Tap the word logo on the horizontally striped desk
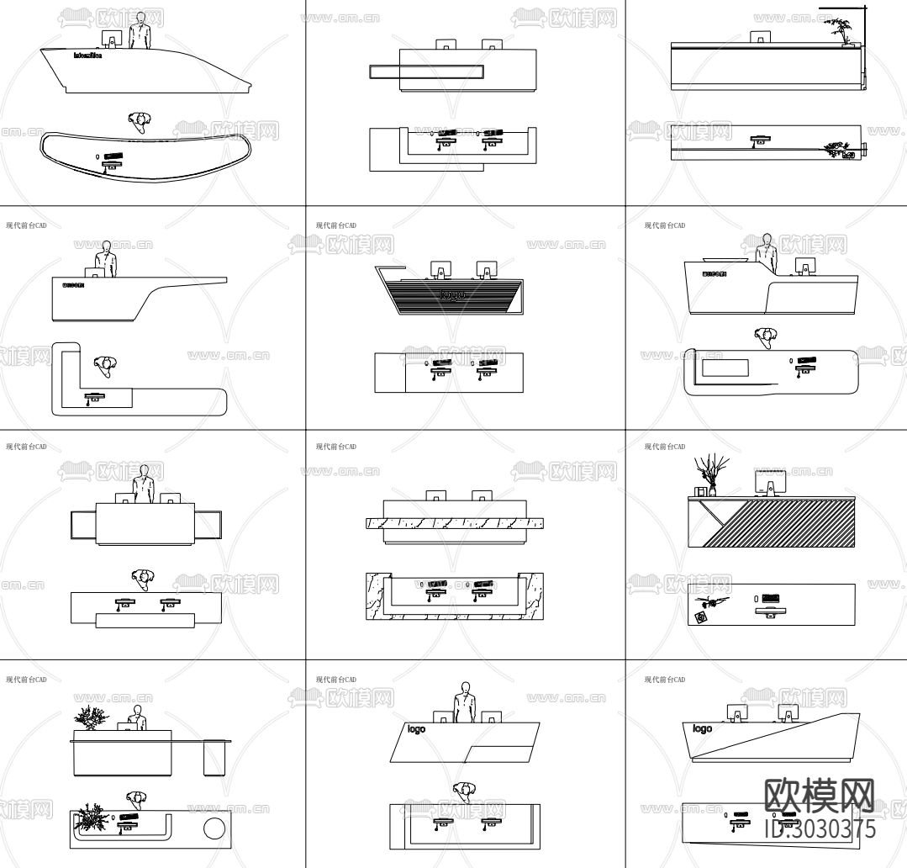tap(452, 295)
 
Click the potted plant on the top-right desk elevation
tap(840, 32)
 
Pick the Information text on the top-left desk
tap(87, 56)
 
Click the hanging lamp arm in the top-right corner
tap(843, 8)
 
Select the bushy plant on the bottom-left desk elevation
tap(90, 717)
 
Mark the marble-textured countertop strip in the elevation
tap(454, 523)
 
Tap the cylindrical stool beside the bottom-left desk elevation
tap(216, 756)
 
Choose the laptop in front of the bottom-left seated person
tap(128, 725)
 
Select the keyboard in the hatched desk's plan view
tap(772, 598)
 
